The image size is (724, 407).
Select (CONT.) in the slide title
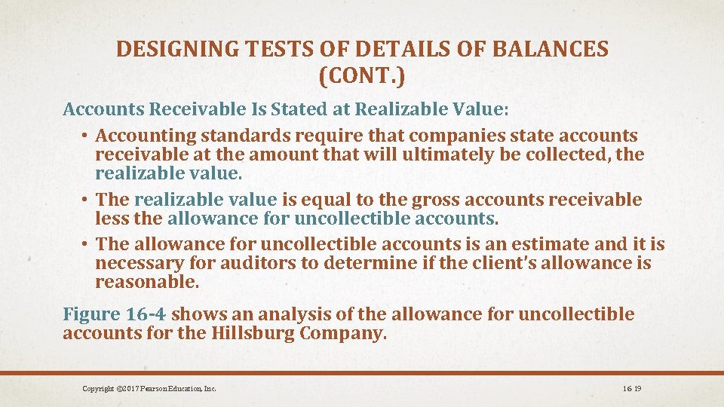click(362, 76)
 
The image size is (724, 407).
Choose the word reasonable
click(147, 282)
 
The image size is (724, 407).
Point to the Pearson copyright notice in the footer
click(149, 388)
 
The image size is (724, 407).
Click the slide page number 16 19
click(632, 388)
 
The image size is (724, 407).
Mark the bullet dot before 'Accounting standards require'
click(87, 136)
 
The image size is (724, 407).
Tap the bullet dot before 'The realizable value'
click(87, 200)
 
